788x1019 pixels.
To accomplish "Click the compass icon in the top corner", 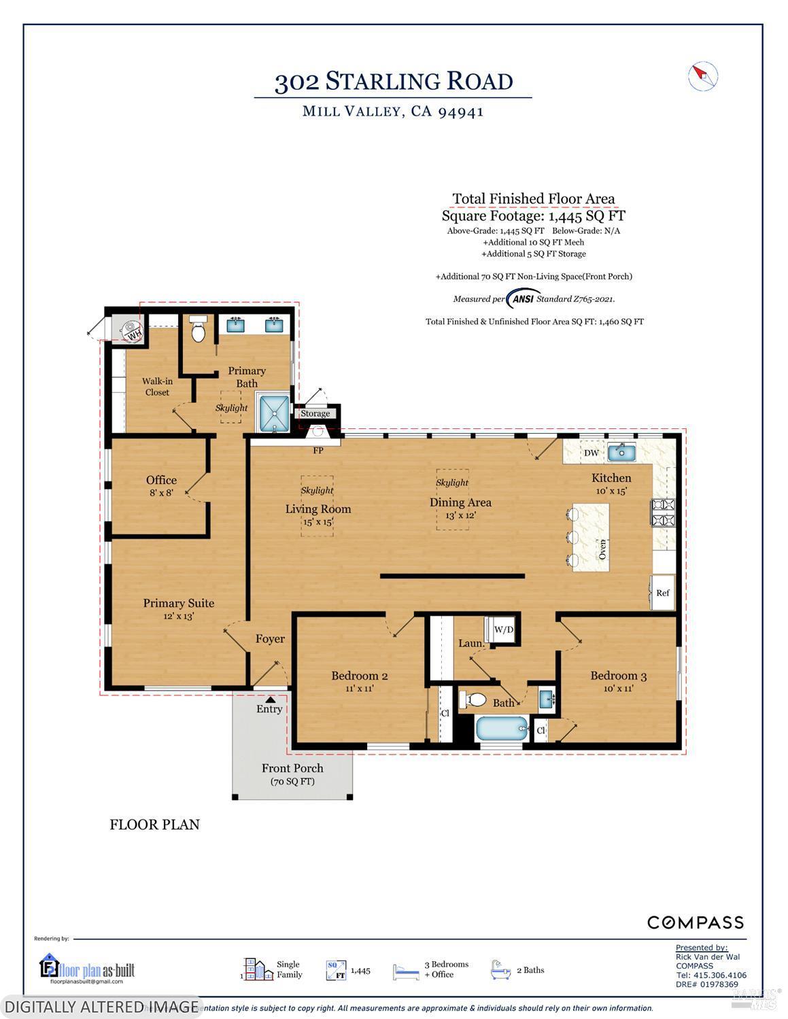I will tap(703, 76).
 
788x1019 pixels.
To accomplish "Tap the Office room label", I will tap(161, 480).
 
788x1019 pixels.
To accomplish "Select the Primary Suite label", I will tap(178, 603).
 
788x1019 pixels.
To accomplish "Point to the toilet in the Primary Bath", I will tap(199, 330).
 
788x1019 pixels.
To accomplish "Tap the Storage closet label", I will tap(315, 413).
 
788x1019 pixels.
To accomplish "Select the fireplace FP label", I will tap(318, 450).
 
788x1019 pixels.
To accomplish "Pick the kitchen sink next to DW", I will tap(621, 452).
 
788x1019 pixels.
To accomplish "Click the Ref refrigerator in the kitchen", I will tap(663, 592).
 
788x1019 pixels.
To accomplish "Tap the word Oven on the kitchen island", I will tap(602, 548).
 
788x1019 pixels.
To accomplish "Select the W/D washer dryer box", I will tap(502, 630).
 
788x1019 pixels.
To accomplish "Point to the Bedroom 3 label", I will tap(618, 676).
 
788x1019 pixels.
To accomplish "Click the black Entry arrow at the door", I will tap(270, 698).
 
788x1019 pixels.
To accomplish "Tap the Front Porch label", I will tap(292, 768).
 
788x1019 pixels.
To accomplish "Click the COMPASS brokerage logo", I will tap(695, 922).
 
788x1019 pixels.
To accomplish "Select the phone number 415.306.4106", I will tap(711, 975).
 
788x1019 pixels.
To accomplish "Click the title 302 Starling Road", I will tap(393, 81).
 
